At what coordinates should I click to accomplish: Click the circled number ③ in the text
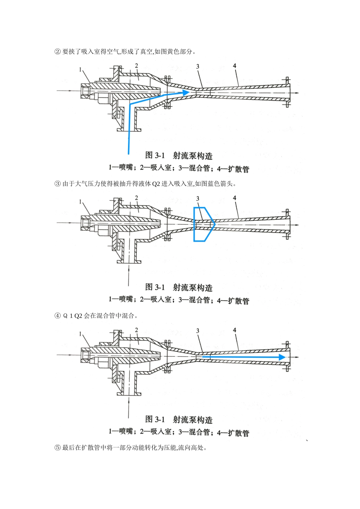click(x=58, y=184)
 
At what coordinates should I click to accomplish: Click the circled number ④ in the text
click(x=58, y=316)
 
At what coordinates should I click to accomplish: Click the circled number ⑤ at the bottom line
click(x=58, y=448)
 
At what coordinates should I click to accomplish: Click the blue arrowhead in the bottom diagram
click(x=282, y=357)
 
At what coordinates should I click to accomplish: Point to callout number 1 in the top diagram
click(x=81, y=69)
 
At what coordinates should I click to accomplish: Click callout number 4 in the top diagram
click(x=235, y=66)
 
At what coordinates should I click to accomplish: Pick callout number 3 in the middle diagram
click(x=197, y=198)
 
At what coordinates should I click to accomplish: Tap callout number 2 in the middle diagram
click(x=136, y=198)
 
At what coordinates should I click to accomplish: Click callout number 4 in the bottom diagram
click(x=235, y=330)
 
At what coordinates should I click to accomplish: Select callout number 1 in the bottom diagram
click(x=81, y=334)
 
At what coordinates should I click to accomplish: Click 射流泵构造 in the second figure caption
click(x=193, y=287)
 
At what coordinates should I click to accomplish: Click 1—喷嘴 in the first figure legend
click(x=121, y=168)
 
